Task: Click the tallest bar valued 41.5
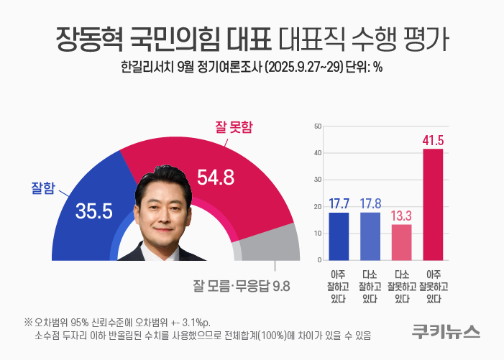(433, 204)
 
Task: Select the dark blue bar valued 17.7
(339, 236)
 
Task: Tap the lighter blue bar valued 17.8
(370, 236)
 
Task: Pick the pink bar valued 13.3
(401, 242)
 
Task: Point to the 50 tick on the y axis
(317, 126)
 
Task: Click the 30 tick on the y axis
(317, 180)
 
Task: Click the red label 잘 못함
(235, 127)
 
